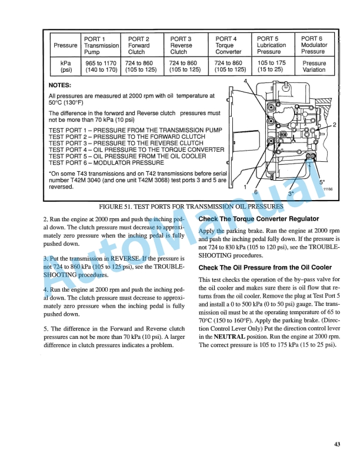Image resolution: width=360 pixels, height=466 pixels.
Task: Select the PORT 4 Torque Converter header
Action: pos(227,45)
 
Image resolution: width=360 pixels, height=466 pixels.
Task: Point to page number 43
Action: pos(336,444)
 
